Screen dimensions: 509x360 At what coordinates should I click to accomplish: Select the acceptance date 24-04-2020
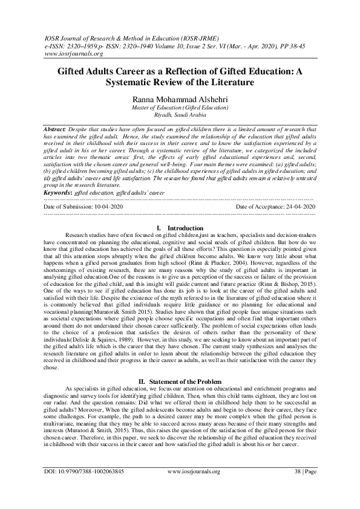pyautogui.click(x=296, y=207)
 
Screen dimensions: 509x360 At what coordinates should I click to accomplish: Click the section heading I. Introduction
pyautogui.click(x=180, y=227)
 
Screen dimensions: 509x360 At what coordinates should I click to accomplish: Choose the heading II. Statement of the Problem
pyautogui.click(x=180, y=363)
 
